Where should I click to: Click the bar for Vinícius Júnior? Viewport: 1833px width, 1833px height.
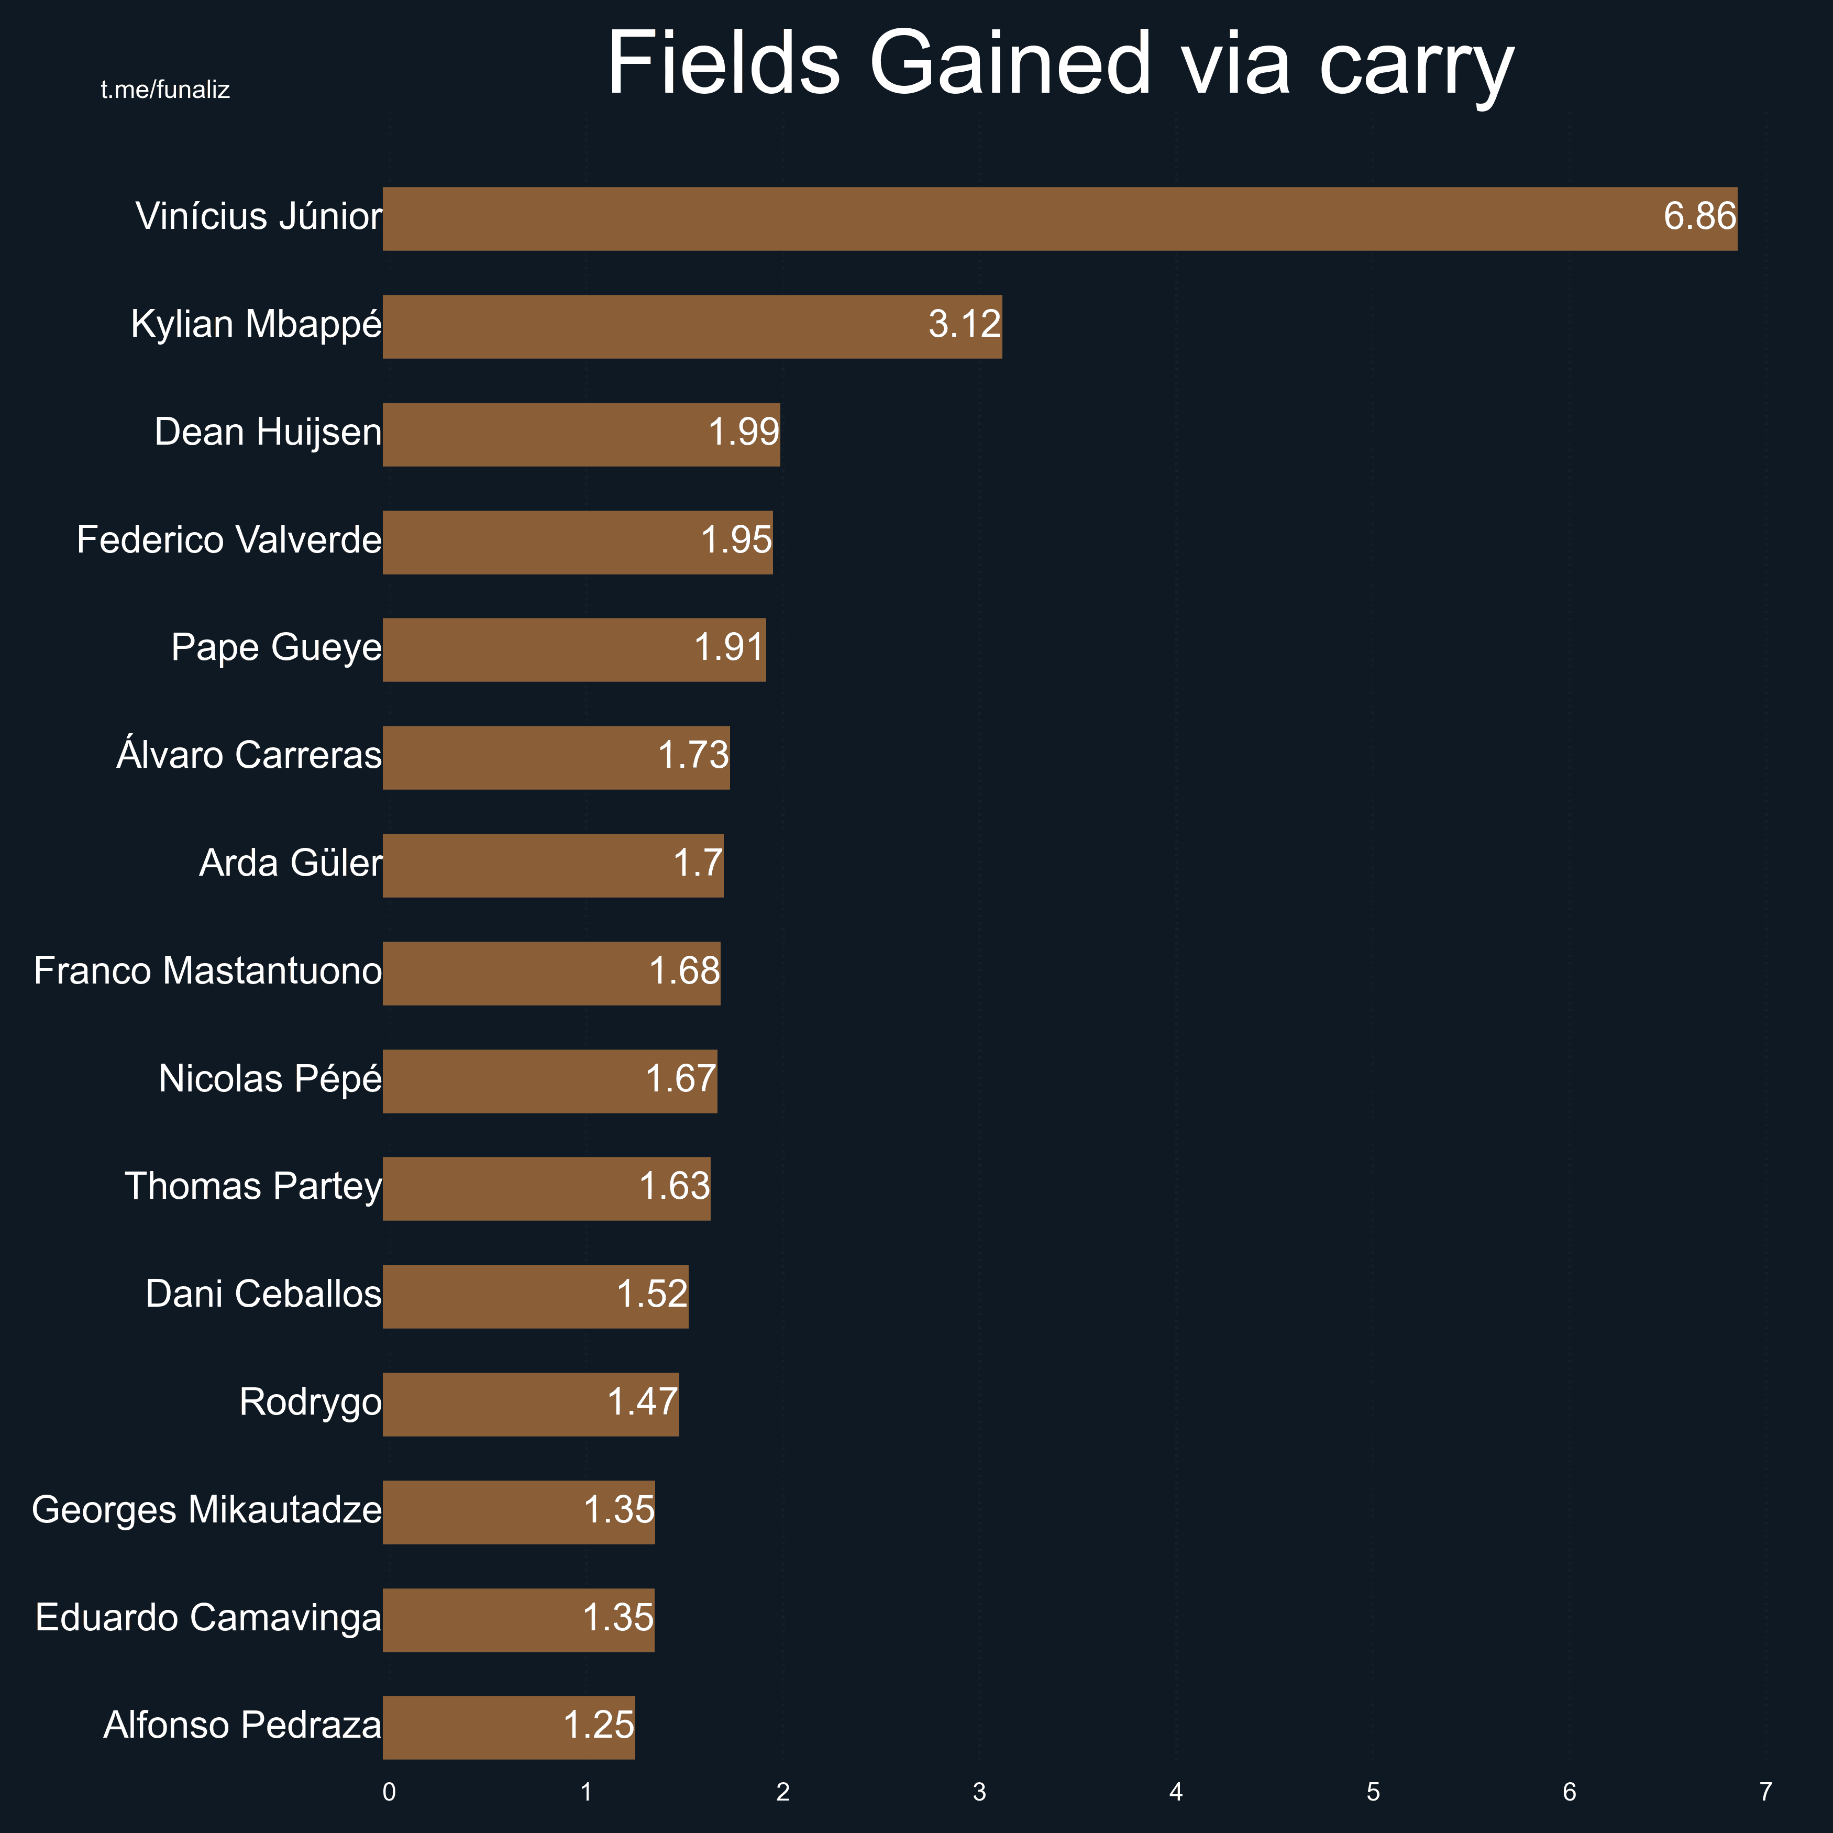(x=1060, y=218)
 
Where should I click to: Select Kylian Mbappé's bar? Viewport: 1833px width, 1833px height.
(x=692, y=326)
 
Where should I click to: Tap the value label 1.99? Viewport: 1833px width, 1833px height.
(x=744, y=433)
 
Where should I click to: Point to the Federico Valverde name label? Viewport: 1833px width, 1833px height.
(x=229, y=540)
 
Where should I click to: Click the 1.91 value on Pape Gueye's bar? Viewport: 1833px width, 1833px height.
(x=728, y=648)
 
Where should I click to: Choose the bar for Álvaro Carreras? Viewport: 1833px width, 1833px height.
(x=556, y=757)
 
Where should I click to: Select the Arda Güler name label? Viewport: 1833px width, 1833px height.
(x=290, y=864)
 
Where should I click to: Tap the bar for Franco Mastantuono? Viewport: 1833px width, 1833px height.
(x=551, y=973)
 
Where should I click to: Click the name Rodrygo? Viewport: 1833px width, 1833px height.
(x=310, y=1403)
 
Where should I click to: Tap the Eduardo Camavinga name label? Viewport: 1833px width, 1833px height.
(x=208, y=1618)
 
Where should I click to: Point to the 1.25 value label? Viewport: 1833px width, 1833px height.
(x=599, y=1725)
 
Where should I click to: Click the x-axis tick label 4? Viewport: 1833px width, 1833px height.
(x=1176, y=1792)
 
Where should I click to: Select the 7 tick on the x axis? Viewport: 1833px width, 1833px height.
(x=1765, y=1792)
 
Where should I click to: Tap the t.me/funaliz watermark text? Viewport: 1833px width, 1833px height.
(x=165, y=90)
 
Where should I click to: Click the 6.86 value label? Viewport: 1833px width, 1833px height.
(x=1699, y=217)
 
